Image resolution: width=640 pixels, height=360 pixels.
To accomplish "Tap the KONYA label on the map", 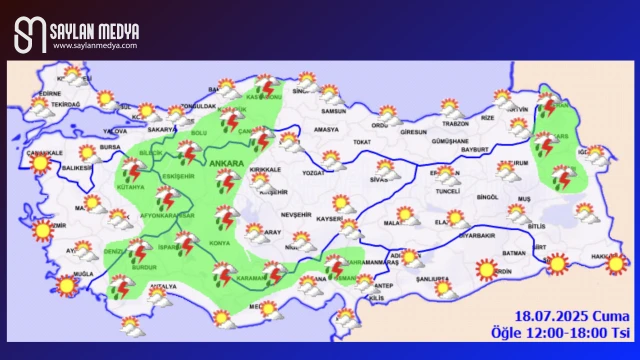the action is pyautogui.click(x=220, y=242).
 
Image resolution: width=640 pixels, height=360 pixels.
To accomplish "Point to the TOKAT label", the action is pyautogui.click(x=362, y=142).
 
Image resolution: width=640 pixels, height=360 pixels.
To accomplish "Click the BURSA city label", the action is pyautogui.click(x=110, y=147).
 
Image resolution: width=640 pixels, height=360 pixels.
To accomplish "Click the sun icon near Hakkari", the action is pyautogui.click(x=617, y=263).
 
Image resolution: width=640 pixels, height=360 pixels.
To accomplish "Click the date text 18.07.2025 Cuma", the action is pyautogui.click(x=573, y=316).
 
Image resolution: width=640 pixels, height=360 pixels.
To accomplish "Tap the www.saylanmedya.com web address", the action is pyautogui.click(x=95, y=45).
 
